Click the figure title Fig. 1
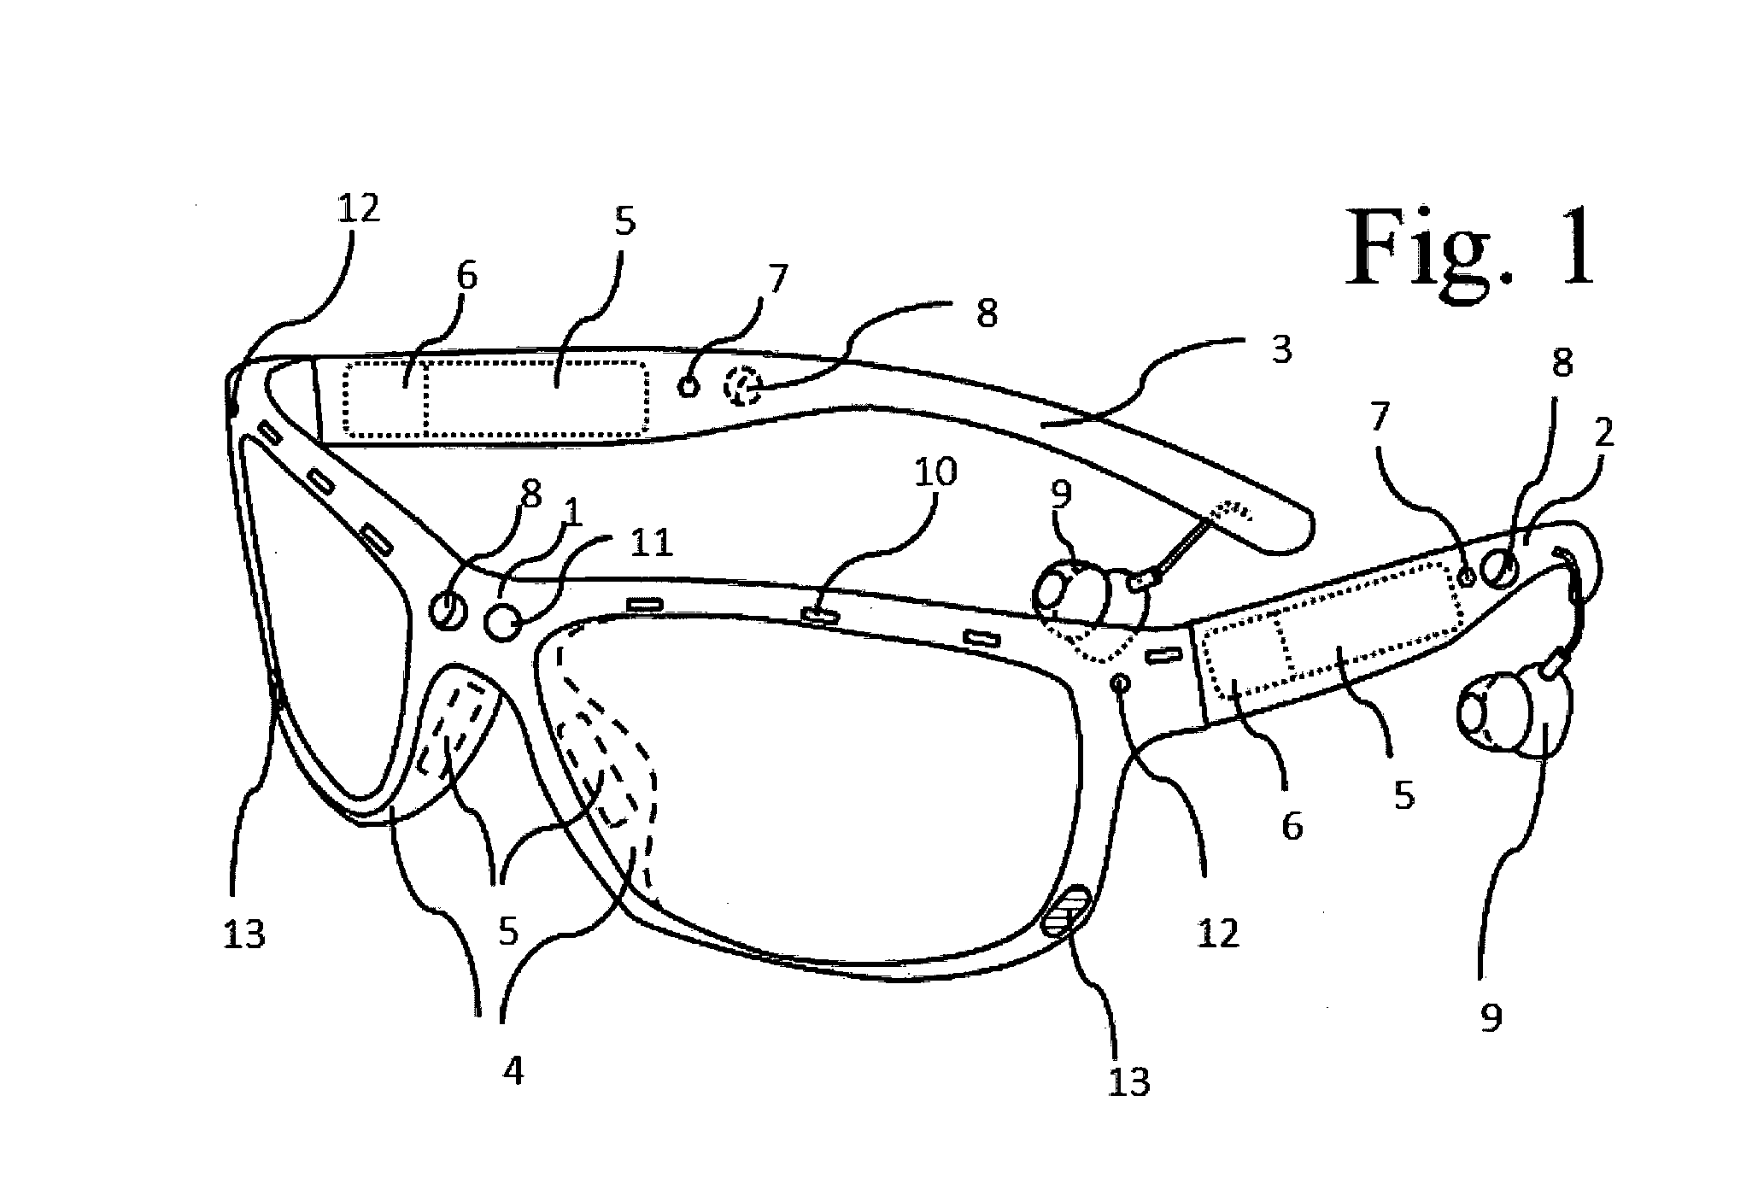coord(1470,248)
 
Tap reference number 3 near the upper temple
coord(1280,350)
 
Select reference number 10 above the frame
coord(935,472)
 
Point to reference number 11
coord(651,543)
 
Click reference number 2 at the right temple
coord(1604,435)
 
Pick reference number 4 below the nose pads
coord(512,1070)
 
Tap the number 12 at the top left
coord(358,209)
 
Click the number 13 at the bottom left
coord(243,935)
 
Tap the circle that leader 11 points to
coord(503,621)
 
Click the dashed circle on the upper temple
coord(741,386)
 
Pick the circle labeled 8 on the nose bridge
coord(449,610)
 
